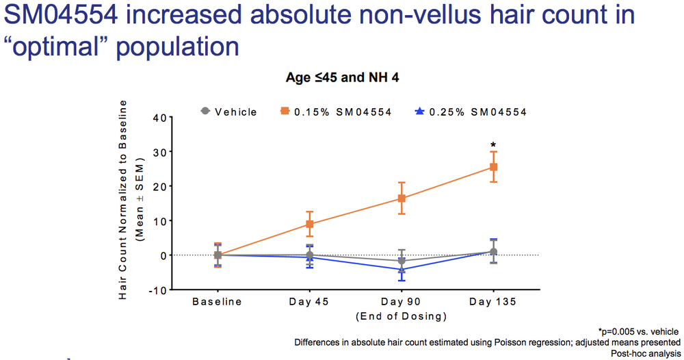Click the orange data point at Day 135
tap(492, 166)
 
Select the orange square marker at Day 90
tap(402, 198)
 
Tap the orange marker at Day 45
tap(310, 224)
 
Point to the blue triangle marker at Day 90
tap(402, 269)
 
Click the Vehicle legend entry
tap(228, 111)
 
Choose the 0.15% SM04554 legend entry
tap(335, 111)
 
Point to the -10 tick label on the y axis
tap(157, 290)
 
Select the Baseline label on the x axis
tap(218, 303)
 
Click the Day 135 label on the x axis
tap(493, 303)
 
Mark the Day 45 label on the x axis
tap(310, 303)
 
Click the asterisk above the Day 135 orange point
tap(492, 145)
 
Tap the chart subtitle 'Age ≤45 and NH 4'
tap(342, 78)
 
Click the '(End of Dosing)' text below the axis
tap(401, 316)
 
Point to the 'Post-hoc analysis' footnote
tap(646, 353)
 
